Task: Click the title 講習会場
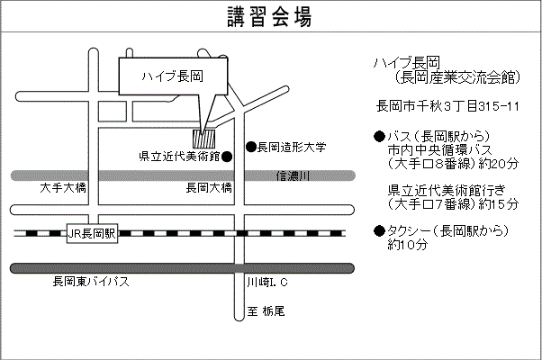[x=270, y=16]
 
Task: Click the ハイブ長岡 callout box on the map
[x=173, y=76]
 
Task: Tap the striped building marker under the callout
[x=207, y=139]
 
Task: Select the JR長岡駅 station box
[x=93, y=233]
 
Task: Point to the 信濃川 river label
[x=293, y=176]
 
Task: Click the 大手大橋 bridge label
[x=63, y=188]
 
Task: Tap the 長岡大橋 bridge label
[x=209, y=188]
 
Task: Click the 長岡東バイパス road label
[x=91, y=283]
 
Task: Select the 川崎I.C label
[x=266, y=283]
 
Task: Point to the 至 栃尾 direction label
[x=266, y=311]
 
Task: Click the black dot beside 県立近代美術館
[x=227, y=156]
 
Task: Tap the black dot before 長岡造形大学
[x=251, y=147]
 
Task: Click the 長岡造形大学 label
[x=291, y=147]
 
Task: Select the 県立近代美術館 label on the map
[x=179, y=156]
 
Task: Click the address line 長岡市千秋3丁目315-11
[x=447, y=107]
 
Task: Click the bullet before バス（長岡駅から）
[x=379, y=136]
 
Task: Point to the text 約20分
[x=500, y=164]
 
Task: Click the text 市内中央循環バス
[x=439, y=149]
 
